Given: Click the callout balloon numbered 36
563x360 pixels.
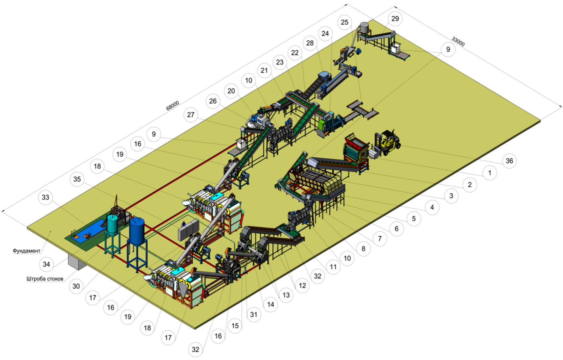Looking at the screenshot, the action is click(x=509, y=161).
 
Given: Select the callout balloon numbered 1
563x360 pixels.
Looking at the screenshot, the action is click(x=489, y=173).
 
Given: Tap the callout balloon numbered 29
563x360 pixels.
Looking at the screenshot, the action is click(x=395, y=19).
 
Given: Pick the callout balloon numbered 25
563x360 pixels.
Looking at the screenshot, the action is click(x=344, y=22).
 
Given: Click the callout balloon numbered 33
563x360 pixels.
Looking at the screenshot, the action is click(x=46, y=197).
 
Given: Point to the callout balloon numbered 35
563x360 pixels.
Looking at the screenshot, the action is click(x=77, y=179).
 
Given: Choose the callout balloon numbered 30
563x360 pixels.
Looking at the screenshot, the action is click(x=76, y=286).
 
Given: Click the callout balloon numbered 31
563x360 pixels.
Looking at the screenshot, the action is click(x=254, y=314).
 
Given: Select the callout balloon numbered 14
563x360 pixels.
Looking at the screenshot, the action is click(x=271, y=304).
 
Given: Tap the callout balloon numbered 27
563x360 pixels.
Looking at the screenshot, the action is click(x=190, y=115).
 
